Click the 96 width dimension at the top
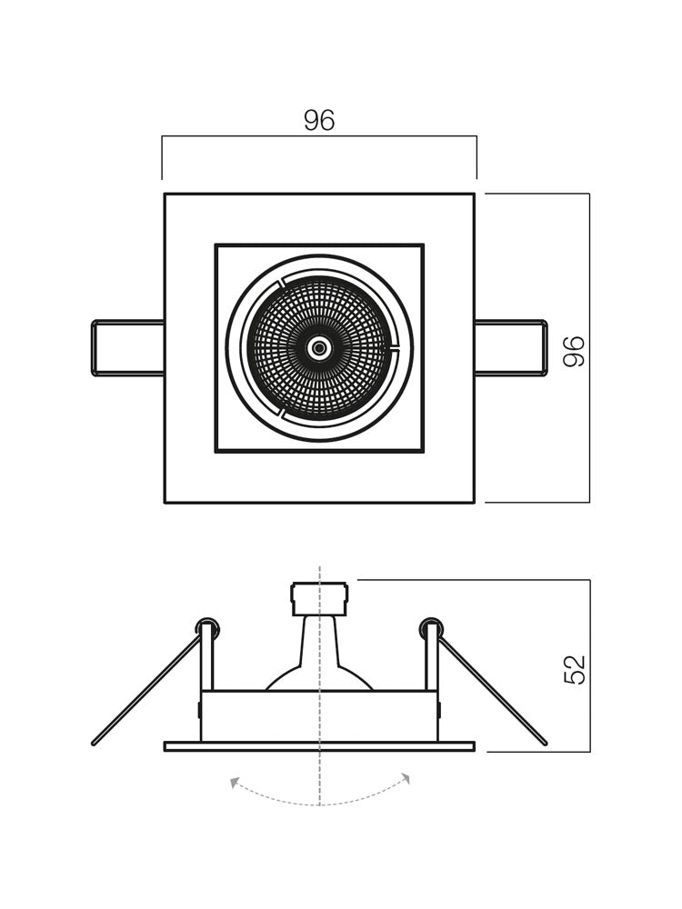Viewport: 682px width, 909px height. (x=319, y=121)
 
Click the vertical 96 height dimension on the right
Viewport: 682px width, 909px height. (x=575, y=351)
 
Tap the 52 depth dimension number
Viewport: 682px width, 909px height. (x=575, y=669)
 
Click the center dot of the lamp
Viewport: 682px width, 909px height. (x=319, y=348)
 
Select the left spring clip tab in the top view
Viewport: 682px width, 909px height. (x=128, y=348)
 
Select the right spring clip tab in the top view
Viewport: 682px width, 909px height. (x=510, y=348)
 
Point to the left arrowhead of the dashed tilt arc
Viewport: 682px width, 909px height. (x=234, y=781)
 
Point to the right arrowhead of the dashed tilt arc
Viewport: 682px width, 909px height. (x=406, y=778)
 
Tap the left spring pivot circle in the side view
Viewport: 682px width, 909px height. (x=207, y=627)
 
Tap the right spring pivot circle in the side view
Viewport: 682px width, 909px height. (x=431, y=627)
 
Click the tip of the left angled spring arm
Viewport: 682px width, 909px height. (x=95, y=743)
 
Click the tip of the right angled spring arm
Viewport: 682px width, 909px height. (x=544, y=743)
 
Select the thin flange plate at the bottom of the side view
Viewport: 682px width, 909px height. (x=319, y=746)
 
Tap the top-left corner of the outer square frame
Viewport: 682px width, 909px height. (x=165, y=195)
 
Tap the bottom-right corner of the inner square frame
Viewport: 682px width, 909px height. (x=423, y=451)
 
